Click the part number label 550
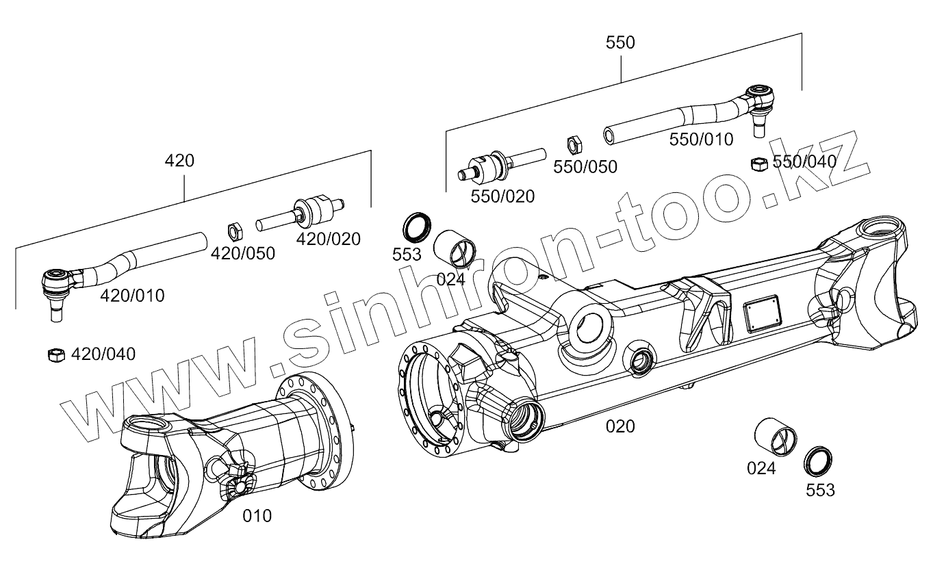(620, 42)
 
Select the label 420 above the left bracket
(179, 161)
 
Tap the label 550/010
(701, 140)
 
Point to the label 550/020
(502, 196)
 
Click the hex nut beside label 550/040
(758, 164)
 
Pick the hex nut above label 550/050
(575, 145)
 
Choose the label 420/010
(132, 296)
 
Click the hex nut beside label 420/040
(56, 354)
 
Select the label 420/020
(328, 239)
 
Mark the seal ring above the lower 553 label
(817, 460)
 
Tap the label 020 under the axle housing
(620, 426)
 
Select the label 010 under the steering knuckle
(257, 516)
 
